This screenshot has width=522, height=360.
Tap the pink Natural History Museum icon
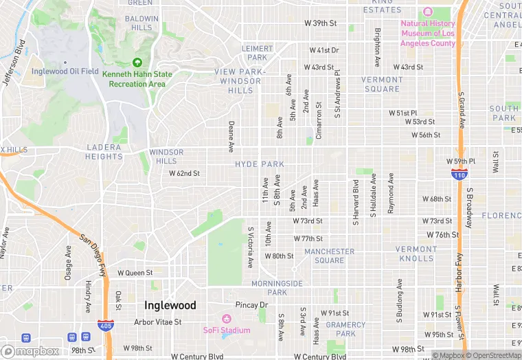click(428, 13)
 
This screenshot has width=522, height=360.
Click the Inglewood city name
click(170, 305)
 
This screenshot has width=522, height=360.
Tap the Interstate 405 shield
click(105, 324)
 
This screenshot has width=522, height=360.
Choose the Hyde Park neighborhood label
click(259, 164)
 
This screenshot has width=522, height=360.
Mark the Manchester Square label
click(329, 256)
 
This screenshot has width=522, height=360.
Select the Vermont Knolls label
click(416, 254)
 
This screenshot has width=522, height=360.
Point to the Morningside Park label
click(277, 288)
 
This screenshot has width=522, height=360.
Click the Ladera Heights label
click(104, 152)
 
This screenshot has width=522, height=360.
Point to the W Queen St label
click(135, 273)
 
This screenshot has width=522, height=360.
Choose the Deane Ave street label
click(231, 137)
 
